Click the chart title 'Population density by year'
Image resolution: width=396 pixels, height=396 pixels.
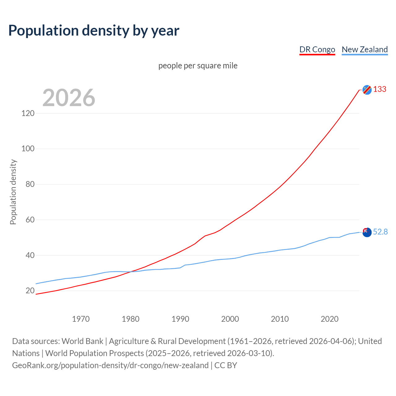pyautogui.click(x=94, y=30)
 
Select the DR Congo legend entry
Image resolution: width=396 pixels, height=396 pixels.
pyautogui.click(x=317, y=49)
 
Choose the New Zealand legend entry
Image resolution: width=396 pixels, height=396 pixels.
pyautogui.click(x=364, y=49)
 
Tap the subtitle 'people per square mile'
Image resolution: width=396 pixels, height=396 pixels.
pyautogui.click(x=198, y=66)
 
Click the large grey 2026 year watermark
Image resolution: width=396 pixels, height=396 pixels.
pyautogui.click(x=69, y=98)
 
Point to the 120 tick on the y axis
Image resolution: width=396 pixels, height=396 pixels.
pyautogui.click(x=28, y=113)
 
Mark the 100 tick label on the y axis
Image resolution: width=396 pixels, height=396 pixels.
pyautogui.click(x=28, y=149)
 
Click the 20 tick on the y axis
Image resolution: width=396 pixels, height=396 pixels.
pyautogui.click(x=30, y=291)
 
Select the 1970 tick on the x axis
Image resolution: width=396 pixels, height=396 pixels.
pyautogui.click(x=81, y=319)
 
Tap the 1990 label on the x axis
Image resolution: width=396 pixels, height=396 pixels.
pyautogui.click(x=180, y=319)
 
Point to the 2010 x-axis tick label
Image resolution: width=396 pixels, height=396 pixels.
pyautogui.click(x=280, y=319)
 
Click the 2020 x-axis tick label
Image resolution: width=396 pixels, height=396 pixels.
pyautogui.click(x=329, y=319)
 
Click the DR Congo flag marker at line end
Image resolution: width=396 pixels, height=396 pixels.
pyautogui.click(x=367, y=90)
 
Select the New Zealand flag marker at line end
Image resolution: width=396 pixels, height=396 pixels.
pyautogui.click(x=367, y=232)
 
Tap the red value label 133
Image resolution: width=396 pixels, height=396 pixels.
pyautogui.click(x=380, y=89)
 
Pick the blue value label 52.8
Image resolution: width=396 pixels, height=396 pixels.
pyautogui.click(x=380, y=232)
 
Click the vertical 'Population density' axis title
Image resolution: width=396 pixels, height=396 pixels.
pyautogui.click(x=13, y=192)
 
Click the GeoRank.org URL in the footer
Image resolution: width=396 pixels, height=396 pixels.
pyautogui.click(x=110, y=365)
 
